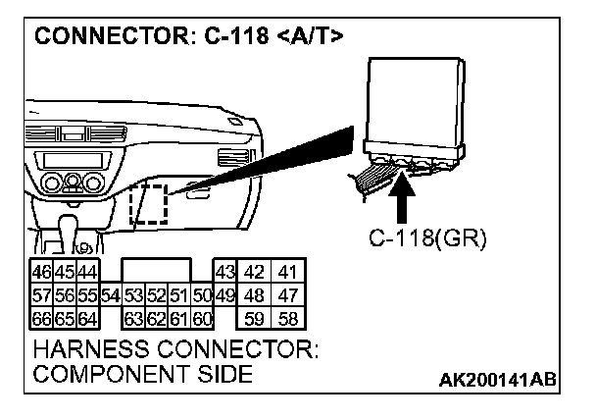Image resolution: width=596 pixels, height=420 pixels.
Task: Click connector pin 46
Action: tap(41, 272)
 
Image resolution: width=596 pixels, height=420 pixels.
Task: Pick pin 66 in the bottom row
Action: tap(41, 318)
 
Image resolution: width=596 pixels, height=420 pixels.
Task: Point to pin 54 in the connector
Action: tap(110, 295)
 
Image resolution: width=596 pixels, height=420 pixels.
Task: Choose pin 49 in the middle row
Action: tap(224, 295)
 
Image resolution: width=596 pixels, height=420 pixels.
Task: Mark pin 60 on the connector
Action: tap(202, 318)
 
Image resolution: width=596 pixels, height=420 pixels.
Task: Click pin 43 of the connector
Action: tap(224, 272)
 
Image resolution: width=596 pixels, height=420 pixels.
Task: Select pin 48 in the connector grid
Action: tap(256, 295)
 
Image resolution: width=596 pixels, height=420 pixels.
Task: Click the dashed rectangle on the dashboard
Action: tap(150, 203)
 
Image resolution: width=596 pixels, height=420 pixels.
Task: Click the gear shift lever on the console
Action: tap(72, 233)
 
